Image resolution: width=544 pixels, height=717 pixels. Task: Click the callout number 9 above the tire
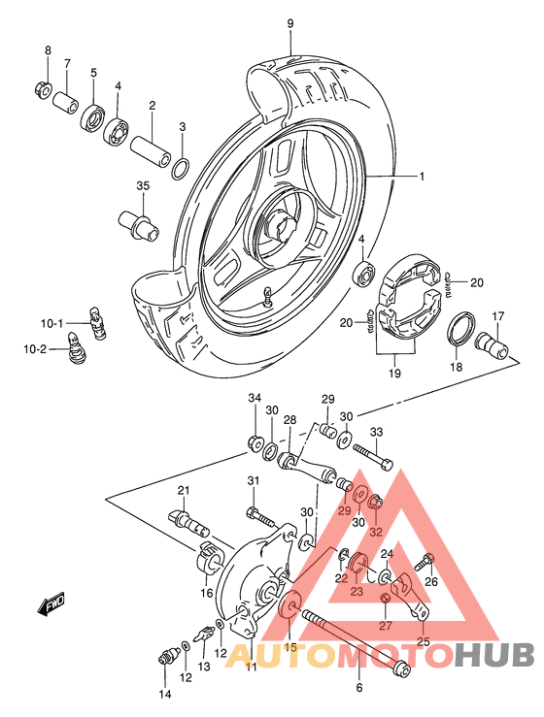(x=289, y=22)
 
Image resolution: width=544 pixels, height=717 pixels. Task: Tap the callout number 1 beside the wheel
(x=395, y=177)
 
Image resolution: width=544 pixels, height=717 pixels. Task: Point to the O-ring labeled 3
(x=181, y=170)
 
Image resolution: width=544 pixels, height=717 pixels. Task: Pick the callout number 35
(x=143, y=186)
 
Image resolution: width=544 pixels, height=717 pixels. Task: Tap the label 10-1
(x=51, y=323)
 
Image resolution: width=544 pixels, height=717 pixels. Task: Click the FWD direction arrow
(x=51, y=606)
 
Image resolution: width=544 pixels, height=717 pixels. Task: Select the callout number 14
(x=165, y=694)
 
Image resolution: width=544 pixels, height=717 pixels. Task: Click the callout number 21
(x=183, y=490)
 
